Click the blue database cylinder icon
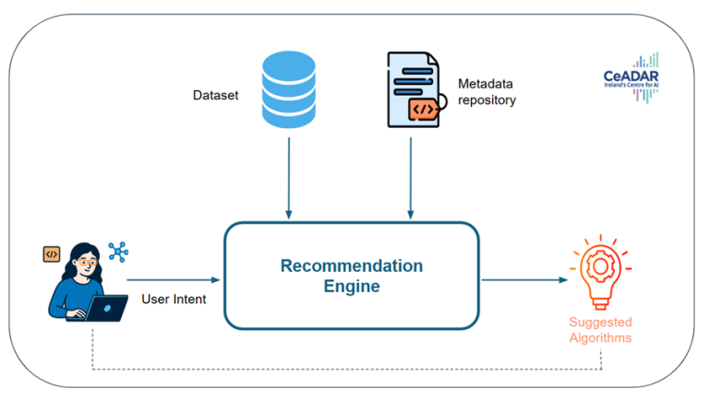tap(288, 89)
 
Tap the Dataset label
tap(216, 95)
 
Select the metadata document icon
tap(416, 89)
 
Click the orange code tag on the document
tap(424, 110)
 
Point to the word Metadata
tap(486, 84)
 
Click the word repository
tap(487, 100)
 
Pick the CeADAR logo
tap(631, 77)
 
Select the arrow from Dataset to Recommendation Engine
tap(288, 178)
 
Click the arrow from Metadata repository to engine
tap(411, 178)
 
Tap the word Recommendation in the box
tap(352, 266)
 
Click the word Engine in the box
tap(352, 287)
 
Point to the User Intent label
tap(174, 299)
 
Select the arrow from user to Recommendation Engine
tap(174, 280)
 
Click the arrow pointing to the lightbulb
tap(524, 280)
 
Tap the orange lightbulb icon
tap(600, 272)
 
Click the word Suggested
tap(600, 323)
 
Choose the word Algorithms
tap(600, 337)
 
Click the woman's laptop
tap(103, 309)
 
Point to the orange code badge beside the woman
tap(52, 254)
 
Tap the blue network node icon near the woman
tap(118, 252)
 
